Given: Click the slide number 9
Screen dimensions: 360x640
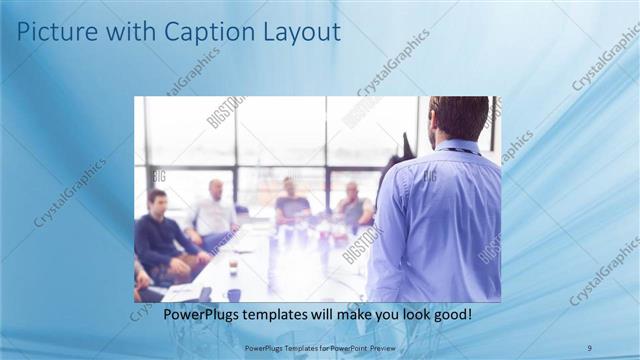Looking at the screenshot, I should point(589,347).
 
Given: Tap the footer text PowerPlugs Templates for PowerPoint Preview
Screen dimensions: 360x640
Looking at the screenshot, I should point(319,347).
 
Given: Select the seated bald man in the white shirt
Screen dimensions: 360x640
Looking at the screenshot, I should point(213,215).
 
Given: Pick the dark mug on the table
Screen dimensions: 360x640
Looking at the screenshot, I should point(234,294).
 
